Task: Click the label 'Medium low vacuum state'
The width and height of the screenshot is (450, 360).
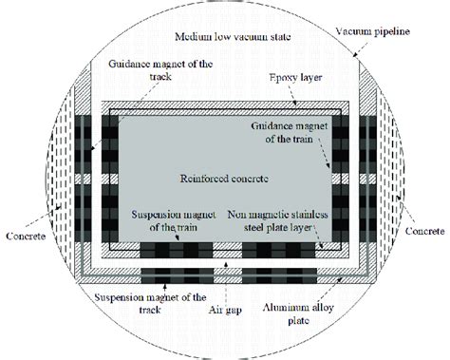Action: pyautogui.click(x=231, y=37)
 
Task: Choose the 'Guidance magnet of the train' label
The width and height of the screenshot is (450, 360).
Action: pyautogui.click(x=293, y=133)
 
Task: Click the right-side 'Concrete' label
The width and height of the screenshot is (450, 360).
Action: pyautogui.click(x=422, y=228)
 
